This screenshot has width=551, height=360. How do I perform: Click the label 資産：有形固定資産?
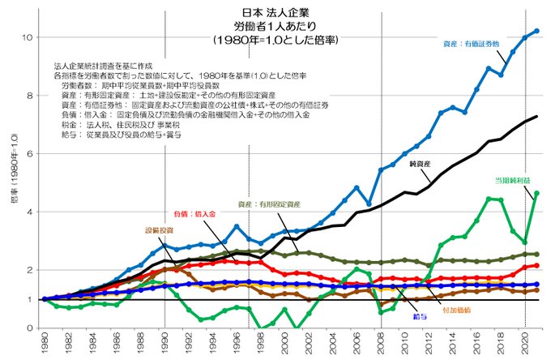coord(269,204)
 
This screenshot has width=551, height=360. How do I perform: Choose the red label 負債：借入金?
coord(195,213)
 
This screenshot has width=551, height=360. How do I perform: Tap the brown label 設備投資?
coord(159,230)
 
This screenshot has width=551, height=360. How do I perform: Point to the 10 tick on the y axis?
coord(28,37)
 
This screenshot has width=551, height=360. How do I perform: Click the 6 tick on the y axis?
coord(29,153)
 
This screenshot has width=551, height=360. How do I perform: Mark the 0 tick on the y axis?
coord(29,328)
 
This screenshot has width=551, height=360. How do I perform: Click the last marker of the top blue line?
coord(536,31)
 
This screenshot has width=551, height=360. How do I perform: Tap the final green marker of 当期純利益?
coord(536,193)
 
